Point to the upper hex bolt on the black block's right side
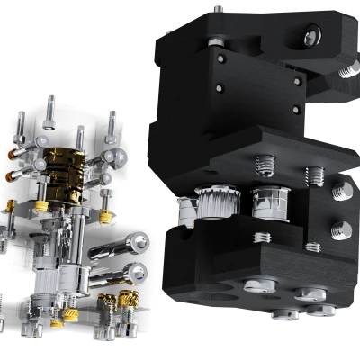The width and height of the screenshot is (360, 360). [341, 190]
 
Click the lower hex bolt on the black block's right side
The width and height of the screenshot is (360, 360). [341, 227]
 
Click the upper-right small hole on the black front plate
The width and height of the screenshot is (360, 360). [297, 80]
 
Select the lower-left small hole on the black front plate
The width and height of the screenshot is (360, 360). [219, 88]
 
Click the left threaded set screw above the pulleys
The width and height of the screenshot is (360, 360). [265, 164]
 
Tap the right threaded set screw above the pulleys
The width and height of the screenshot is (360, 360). [314, 173]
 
